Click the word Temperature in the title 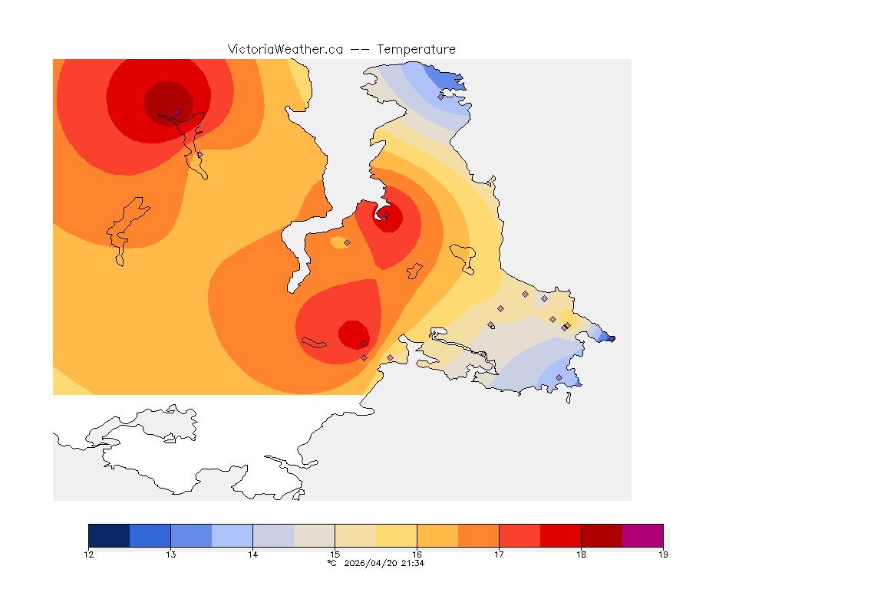click(x=416, y=49)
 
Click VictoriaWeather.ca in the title click(x=285, y=49)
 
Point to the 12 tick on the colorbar click(x=89, y=554)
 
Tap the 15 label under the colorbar click(x=335, y=554)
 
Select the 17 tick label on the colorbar click(x=499, y=554)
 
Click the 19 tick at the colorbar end click(x=662, y=554)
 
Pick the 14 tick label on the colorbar click(x=252, y=554)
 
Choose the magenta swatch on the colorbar click(x=642, y=535)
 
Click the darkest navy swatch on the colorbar click(x=109, y=535)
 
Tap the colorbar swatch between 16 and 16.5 click(x=437, y=535)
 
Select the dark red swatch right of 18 click(x=602, y=535)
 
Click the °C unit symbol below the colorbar click(x=331, y=563)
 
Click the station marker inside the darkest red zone click(x=176, y=112)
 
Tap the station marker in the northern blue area click(x=441, y=96)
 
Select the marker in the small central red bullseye click(x=387, y=214)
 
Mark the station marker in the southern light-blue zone click(x=559, y=377)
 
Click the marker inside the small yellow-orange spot click(x=347, y=242)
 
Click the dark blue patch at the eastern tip click(x=608, y=337)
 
